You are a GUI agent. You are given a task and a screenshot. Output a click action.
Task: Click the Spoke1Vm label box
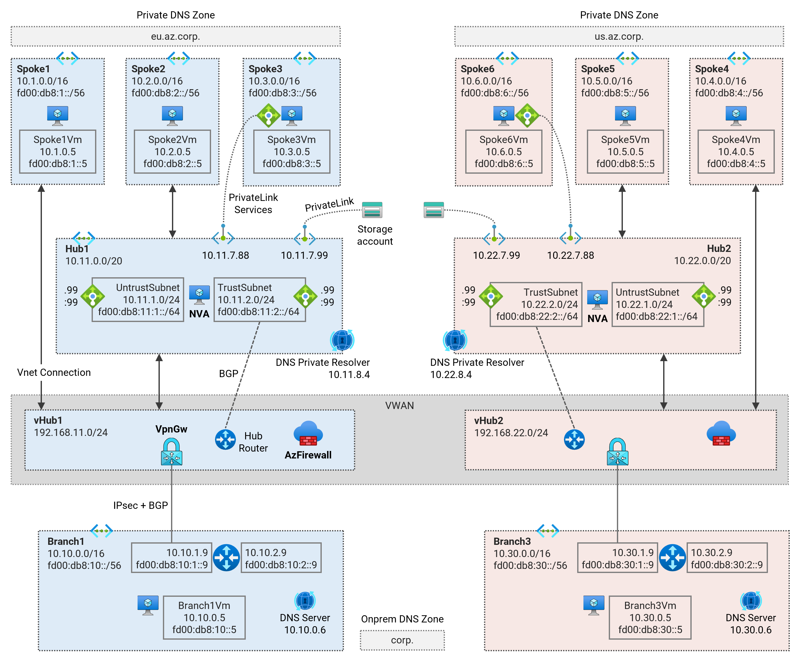click(58, 151)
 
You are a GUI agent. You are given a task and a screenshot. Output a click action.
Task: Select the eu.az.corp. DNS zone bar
click(175, 36)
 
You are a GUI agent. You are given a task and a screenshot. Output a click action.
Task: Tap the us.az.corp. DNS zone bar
click(619, 36)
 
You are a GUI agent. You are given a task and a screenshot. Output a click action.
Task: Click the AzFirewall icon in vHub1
click(308, 434)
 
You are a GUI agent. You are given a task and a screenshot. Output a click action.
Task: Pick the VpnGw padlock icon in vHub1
click(172, 452)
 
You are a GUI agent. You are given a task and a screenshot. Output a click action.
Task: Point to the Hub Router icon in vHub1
click(225, 440)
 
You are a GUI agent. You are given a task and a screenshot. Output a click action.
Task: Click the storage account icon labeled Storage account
click(372, 210)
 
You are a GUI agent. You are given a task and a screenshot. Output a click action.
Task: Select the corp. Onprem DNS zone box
click(402, 640)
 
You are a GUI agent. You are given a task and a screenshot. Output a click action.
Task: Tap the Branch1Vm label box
click(204, 617)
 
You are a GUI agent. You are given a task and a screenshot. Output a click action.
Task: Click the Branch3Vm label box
click(650, 617)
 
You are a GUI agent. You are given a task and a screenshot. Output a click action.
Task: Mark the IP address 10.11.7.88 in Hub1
click(225, 255)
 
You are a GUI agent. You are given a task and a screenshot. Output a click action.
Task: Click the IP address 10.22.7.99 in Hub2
click(497, 255)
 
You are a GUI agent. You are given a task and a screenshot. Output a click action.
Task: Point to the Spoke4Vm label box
click(736, 151)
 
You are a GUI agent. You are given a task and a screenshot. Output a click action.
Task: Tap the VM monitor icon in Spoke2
click(172, 115)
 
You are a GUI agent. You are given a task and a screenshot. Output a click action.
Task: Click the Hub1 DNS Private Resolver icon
click(342, 340)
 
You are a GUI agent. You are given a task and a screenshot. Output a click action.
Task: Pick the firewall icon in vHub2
click(721, 434)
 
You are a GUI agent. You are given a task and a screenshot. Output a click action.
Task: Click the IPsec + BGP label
click(140, 505)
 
